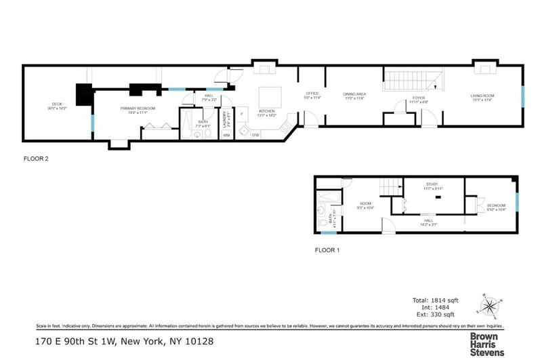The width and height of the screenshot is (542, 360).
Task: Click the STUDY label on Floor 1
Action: pyautogui.click(x=432, y=184)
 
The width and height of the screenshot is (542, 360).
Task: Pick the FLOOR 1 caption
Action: pyautogui.click(x=327, y=250)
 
